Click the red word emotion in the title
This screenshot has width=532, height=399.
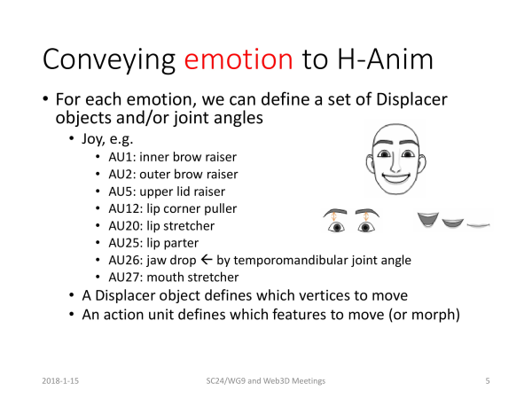pos(239,59)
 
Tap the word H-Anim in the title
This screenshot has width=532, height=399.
pos(385,59)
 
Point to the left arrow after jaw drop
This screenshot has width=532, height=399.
pos(207,260)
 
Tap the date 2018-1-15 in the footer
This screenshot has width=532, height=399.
pos(60,381)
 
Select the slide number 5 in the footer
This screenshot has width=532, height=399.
pos(488,381)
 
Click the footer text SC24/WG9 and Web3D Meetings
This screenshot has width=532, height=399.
pos(266,381)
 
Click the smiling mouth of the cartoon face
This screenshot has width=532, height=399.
pos(396,178)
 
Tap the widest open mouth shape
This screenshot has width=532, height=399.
pos(428,219)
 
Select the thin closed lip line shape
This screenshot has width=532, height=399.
pos(479,224)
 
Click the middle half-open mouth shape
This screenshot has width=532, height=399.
pos(452,223)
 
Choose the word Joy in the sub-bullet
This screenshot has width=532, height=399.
pos(91,139)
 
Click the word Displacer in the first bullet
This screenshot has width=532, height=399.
pos(411,99)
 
